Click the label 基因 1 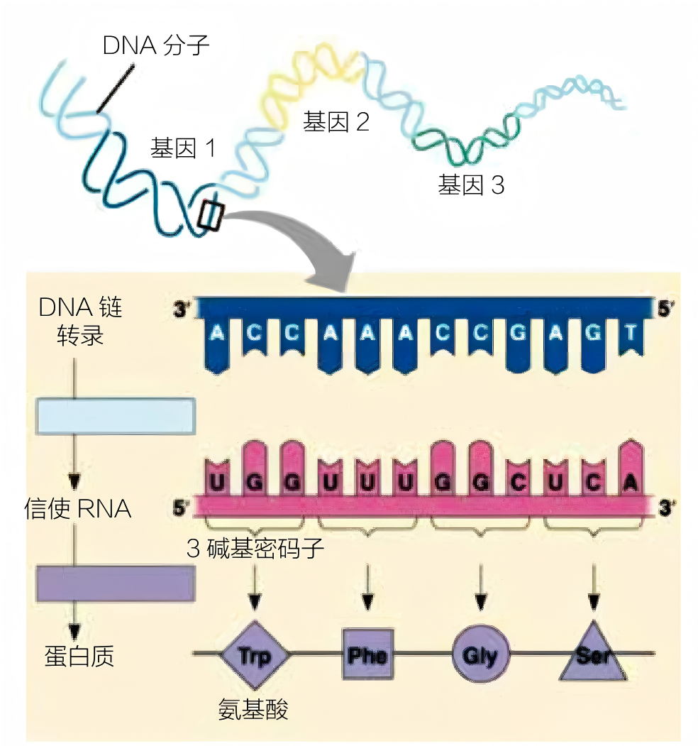pyautogui.click(x=182, y=148)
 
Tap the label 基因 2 pyautogui.click(x=336, y=121)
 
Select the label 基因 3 pyautogui.click(x=470, y=186)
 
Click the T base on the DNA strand pyautogui.click(x=630, y=334)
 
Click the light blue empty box pyautogui.click(x=116, y=416)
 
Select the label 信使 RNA pyautogui.click(x=78, y=509)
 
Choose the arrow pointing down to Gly pyautogui.click(x=480, y=588)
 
